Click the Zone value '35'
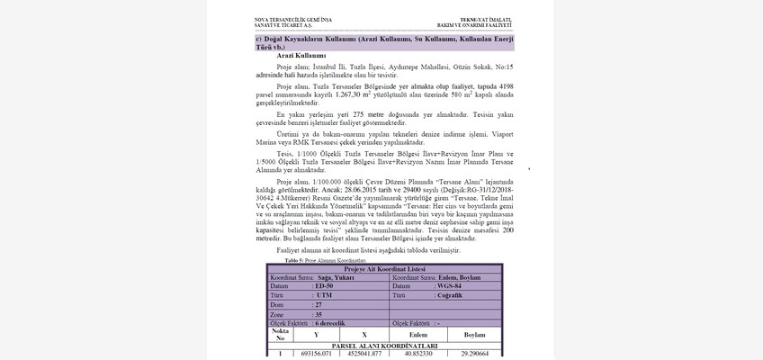[x=318, y=313]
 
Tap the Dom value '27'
[x=318, y=304]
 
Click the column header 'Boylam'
[x=474, y=334]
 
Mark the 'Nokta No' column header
[x=280, y=334]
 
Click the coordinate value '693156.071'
[x=317, y=354]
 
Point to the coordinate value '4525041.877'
[x=364, y=354]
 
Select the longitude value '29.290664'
[x=474, y=354]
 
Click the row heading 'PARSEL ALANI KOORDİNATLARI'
[x=385, y=345]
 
